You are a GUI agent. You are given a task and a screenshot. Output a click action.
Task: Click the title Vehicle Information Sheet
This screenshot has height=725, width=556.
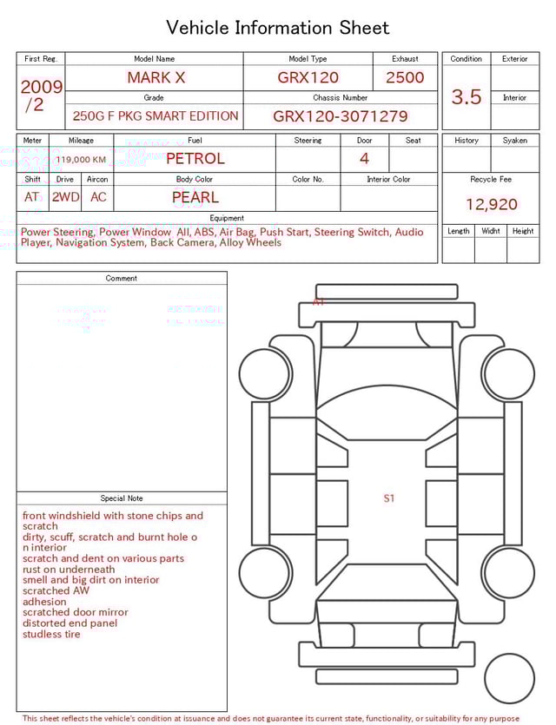tap(278, 28)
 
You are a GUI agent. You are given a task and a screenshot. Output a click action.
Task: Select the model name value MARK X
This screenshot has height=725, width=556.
tap(156, 77)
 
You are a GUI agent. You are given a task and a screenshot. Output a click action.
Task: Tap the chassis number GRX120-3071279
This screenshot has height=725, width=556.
tap(340, 115)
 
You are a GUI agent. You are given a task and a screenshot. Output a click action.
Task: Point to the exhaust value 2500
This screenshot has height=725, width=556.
tap(405, 77)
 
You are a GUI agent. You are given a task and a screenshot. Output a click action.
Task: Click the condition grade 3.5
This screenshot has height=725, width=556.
tap(467, 97)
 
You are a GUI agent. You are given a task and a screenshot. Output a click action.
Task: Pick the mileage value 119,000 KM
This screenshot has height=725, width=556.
tap(81, 160)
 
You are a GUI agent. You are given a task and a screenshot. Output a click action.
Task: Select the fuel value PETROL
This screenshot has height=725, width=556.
tap(195, 159)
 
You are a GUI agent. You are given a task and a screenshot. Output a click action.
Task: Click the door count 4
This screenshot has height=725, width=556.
tap(364, 158)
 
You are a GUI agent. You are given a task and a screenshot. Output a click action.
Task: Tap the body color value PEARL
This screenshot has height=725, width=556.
tap(195, 197)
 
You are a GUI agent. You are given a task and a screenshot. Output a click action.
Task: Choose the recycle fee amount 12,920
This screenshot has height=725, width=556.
tap(491, 205)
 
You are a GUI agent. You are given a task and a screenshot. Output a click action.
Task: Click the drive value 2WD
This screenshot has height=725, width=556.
tap(65, 197)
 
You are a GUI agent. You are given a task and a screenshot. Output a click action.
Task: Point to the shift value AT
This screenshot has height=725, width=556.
tap(32, 197)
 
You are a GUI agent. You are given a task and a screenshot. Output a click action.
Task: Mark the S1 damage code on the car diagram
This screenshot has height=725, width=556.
tap(389, 498)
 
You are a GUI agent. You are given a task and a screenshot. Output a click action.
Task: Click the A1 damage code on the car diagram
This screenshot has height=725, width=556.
tap(319, 302)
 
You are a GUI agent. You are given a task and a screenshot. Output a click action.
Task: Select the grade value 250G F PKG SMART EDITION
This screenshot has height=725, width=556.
tap(156, 115)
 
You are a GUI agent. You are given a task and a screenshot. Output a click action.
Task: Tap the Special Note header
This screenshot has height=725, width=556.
tap(122, 498)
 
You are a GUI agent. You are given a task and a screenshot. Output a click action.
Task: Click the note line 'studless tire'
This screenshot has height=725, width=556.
tap(51, 634)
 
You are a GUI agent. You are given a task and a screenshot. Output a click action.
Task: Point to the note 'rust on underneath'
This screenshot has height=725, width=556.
tap(69, 570)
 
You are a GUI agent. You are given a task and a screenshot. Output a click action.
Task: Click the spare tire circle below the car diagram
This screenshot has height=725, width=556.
tap(509, 678)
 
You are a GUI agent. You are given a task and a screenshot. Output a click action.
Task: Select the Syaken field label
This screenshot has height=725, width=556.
tap(514, 140)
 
